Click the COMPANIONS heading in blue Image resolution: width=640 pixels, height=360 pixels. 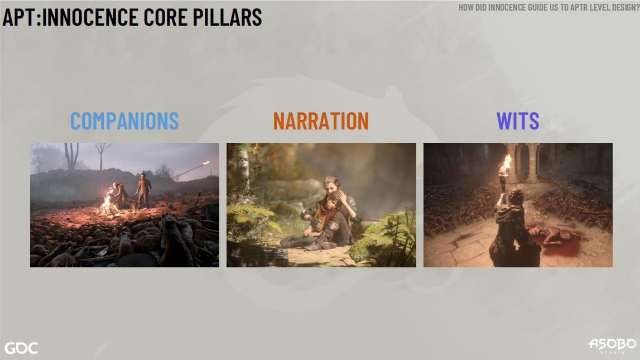click(x=124, y=121)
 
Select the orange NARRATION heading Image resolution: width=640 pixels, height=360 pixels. click(x=321, y=121)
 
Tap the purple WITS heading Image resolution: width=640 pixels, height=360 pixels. click(x=518, y=121)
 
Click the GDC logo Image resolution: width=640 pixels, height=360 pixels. click(x=21, y=348)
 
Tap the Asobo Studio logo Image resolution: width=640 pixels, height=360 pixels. click(x=612, y=345)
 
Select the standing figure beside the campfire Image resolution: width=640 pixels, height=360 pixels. click(x=143, y=190)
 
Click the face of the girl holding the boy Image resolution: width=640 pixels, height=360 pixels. click(x=331, y=186)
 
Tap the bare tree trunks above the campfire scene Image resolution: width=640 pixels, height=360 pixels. click(x=72, y=156)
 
